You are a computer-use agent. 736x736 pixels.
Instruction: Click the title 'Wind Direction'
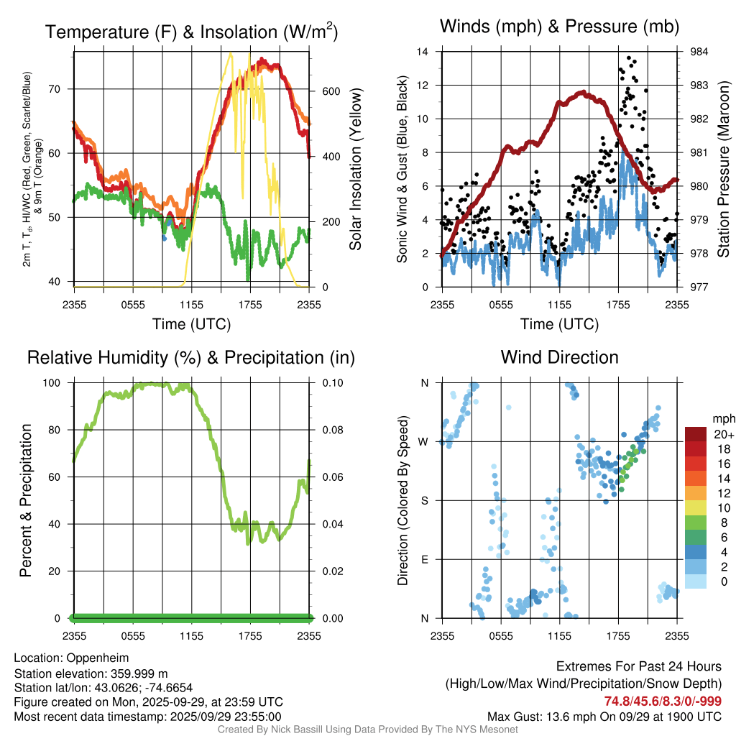(559, 357)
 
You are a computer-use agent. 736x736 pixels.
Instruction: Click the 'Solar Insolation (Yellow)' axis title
(356, 169)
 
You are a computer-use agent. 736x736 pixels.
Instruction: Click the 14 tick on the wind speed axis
(423, 52)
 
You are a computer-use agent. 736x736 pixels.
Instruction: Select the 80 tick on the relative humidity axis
(57, 430)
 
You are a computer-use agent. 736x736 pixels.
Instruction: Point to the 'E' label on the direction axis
(425, 559)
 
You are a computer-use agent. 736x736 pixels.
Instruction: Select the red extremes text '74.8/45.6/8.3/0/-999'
(663, 701)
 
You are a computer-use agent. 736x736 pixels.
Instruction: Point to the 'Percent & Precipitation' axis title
(27, 500)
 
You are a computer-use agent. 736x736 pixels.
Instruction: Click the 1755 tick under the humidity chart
(251, 635)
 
